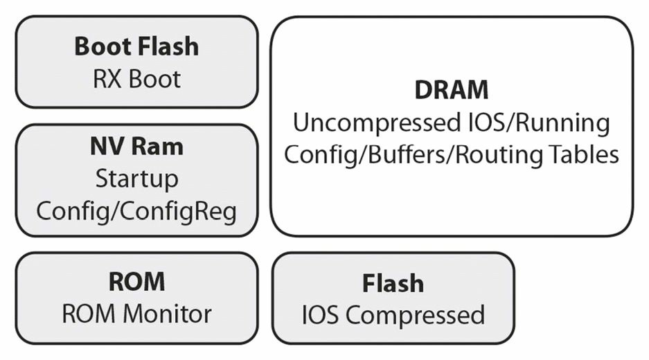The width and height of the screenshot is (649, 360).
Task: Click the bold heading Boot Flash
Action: pos(136,46)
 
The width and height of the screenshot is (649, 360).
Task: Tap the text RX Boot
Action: pos(136,79)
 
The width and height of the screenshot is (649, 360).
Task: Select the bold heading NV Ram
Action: pos(136,147)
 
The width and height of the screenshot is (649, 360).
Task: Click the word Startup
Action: pos(137,179)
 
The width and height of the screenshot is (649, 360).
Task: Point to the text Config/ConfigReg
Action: pos(136,211)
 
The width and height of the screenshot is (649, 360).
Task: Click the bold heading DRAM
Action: pos(452,90)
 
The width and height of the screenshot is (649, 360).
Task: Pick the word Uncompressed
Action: pos(376,123)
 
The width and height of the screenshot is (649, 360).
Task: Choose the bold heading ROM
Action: pos(136,282)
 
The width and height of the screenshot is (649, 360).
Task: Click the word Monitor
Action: pos(168,314)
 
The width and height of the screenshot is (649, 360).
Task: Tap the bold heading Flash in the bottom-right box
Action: pos(393,283)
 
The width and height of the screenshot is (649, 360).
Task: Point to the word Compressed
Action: pos(415,315)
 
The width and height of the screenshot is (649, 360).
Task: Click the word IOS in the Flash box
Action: pos(321,315)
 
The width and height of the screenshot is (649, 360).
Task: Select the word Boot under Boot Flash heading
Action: pos(154,79)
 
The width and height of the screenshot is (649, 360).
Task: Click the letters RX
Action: pos(109,79)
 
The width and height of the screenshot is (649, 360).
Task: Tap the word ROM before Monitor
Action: pos(89,314)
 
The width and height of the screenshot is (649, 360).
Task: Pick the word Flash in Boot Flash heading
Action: pos(168,46)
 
